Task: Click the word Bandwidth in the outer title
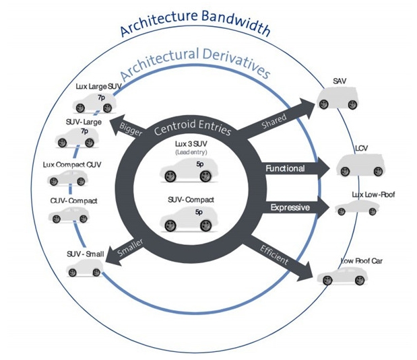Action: (x=236, y=23)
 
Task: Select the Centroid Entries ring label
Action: (x=193, y=127)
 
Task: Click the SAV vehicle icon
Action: (x=338, y=98)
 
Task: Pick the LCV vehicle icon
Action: (x=360, y=165)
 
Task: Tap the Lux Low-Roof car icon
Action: (x=357, y=207)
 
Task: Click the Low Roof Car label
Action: (x=362, y=261)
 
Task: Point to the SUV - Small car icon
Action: (x=85, y=268)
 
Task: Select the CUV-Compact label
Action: (x=73, y=201)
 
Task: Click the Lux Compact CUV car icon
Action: (x=67, y=178)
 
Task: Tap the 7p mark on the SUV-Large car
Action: (x=85, y=131)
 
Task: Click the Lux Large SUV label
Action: (x=98, y=86)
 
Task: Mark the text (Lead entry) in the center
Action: (x=191, y=152)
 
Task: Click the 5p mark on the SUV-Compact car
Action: (x=199, y=212)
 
